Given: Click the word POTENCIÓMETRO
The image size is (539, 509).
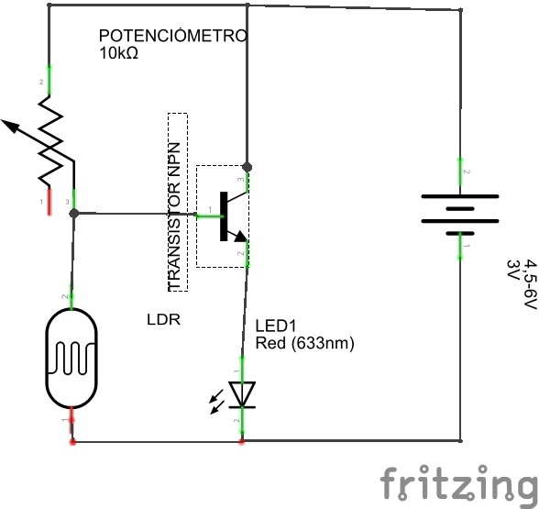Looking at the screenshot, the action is tap(173, 36).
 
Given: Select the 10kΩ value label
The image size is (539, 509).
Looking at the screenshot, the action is tap(118, 53).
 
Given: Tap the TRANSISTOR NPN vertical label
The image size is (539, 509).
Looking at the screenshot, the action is tap(174, 217).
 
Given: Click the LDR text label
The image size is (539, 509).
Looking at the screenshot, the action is tap(163, 320).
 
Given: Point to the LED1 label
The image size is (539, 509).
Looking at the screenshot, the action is tap(275, 326).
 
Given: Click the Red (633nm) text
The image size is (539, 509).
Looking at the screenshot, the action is tap(304, 343).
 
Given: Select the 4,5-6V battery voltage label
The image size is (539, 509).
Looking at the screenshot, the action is tap(530, 285).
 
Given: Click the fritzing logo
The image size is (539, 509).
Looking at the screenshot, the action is tap(459, 482).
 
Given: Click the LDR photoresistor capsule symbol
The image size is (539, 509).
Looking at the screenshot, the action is tap(71, 359).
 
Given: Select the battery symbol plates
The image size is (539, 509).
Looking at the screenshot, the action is tap(460, 215).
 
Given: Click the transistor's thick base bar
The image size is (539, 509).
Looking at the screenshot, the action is tap(224, 216).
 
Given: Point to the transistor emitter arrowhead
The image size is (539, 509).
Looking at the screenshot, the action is tap(240, 237).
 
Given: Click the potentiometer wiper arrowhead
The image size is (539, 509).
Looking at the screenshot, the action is tap(9, 126).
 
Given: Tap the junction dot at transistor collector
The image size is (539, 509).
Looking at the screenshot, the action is tap(247, 167).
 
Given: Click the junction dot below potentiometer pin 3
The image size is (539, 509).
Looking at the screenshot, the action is tap(74, 214).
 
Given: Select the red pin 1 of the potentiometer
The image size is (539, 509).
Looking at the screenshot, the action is tap(49, 202).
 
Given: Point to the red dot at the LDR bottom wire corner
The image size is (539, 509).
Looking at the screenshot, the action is tap(72, 442).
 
